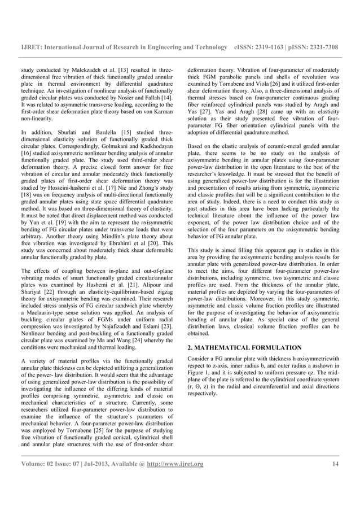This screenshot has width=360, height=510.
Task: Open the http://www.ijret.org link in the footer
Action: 175,464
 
